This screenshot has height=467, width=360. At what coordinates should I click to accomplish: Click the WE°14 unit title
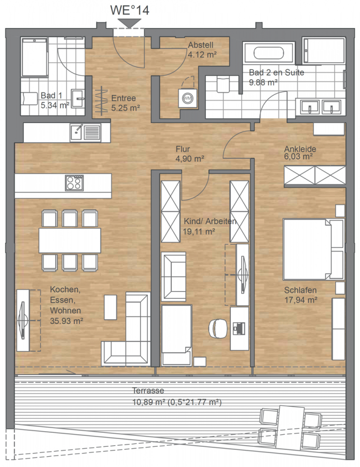tap(130, 10)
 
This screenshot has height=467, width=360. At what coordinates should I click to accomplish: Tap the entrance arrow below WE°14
tap(129, 23)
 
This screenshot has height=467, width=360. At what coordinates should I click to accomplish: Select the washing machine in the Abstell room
tap(188, 98)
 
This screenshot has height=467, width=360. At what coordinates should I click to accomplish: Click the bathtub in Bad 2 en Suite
tap(268, 53)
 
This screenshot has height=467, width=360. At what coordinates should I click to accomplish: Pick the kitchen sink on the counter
tap(86, 132)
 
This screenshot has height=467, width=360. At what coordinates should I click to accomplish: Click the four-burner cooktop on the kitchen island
tap(74, 183)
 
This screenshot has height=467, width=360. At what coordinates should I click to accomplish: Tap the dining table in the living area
tap(70, 240)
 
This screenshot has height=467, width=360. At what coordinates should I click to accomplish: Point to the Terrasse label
tap(148, 390)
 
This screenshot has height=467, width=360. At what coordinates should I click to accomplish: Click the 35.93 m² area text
tap(66, 321)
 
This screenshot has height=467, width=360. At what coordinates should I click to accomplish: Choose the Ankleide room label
tap(300, 148)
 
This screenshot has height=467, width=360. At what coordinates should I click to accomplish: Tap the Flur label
tap(183, 149)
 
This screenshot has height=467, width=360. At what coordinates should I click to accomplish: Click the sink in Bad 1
tap(77, 98)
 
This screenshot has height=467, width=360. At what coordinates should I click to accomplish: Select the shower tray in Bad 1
tap(34, 57)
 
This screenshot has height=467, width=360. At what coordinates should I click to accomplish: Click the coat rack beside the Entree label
tap(101, 101)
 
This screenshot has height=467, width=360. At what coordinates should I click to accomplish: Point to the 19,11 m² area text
tap(199, 231)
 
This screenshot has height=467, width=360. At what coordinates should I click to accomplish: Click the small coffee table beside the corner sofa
tap(110, 307)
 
